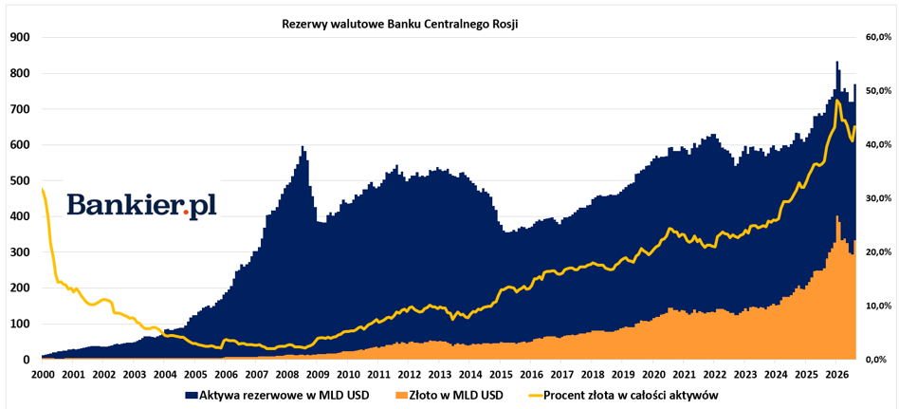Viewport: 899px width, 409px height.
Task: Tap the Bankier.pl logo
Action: pos(141,205)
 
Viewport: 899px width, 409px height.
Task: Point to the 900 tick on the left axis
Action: pos(21,38)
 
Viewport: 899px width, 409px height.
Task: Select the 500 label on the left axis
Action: pos(21,180)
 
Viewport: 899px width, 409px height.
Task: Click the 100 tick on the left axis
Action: pos(21,325)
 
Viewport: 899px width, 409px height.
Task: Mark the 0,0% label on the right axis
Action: pos(875,360)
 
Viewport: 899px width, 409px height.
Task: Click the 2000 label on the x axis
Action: pos(42,375)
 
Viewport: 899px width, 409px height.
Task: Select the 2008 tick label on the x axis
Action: pos(286,375)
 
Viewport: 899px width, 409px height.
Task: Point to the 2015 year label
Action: pos(500,375)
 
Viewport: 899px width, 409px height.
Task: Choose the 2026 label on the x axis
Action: pos(835,375)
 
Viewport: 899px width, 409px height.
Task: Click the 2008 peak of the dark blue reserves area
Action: pos(303,147)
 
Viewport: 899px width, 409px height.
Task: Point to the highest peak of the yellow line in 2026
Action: pos(837,101)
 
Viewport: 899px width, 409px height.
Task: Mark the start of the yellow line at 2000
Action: pos(42,188)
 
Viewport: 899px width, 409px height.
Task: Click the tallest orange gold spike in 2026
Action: pos(837,216)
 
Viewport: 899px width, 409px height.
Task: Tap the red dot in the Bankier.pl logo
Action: pos(186,213)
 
